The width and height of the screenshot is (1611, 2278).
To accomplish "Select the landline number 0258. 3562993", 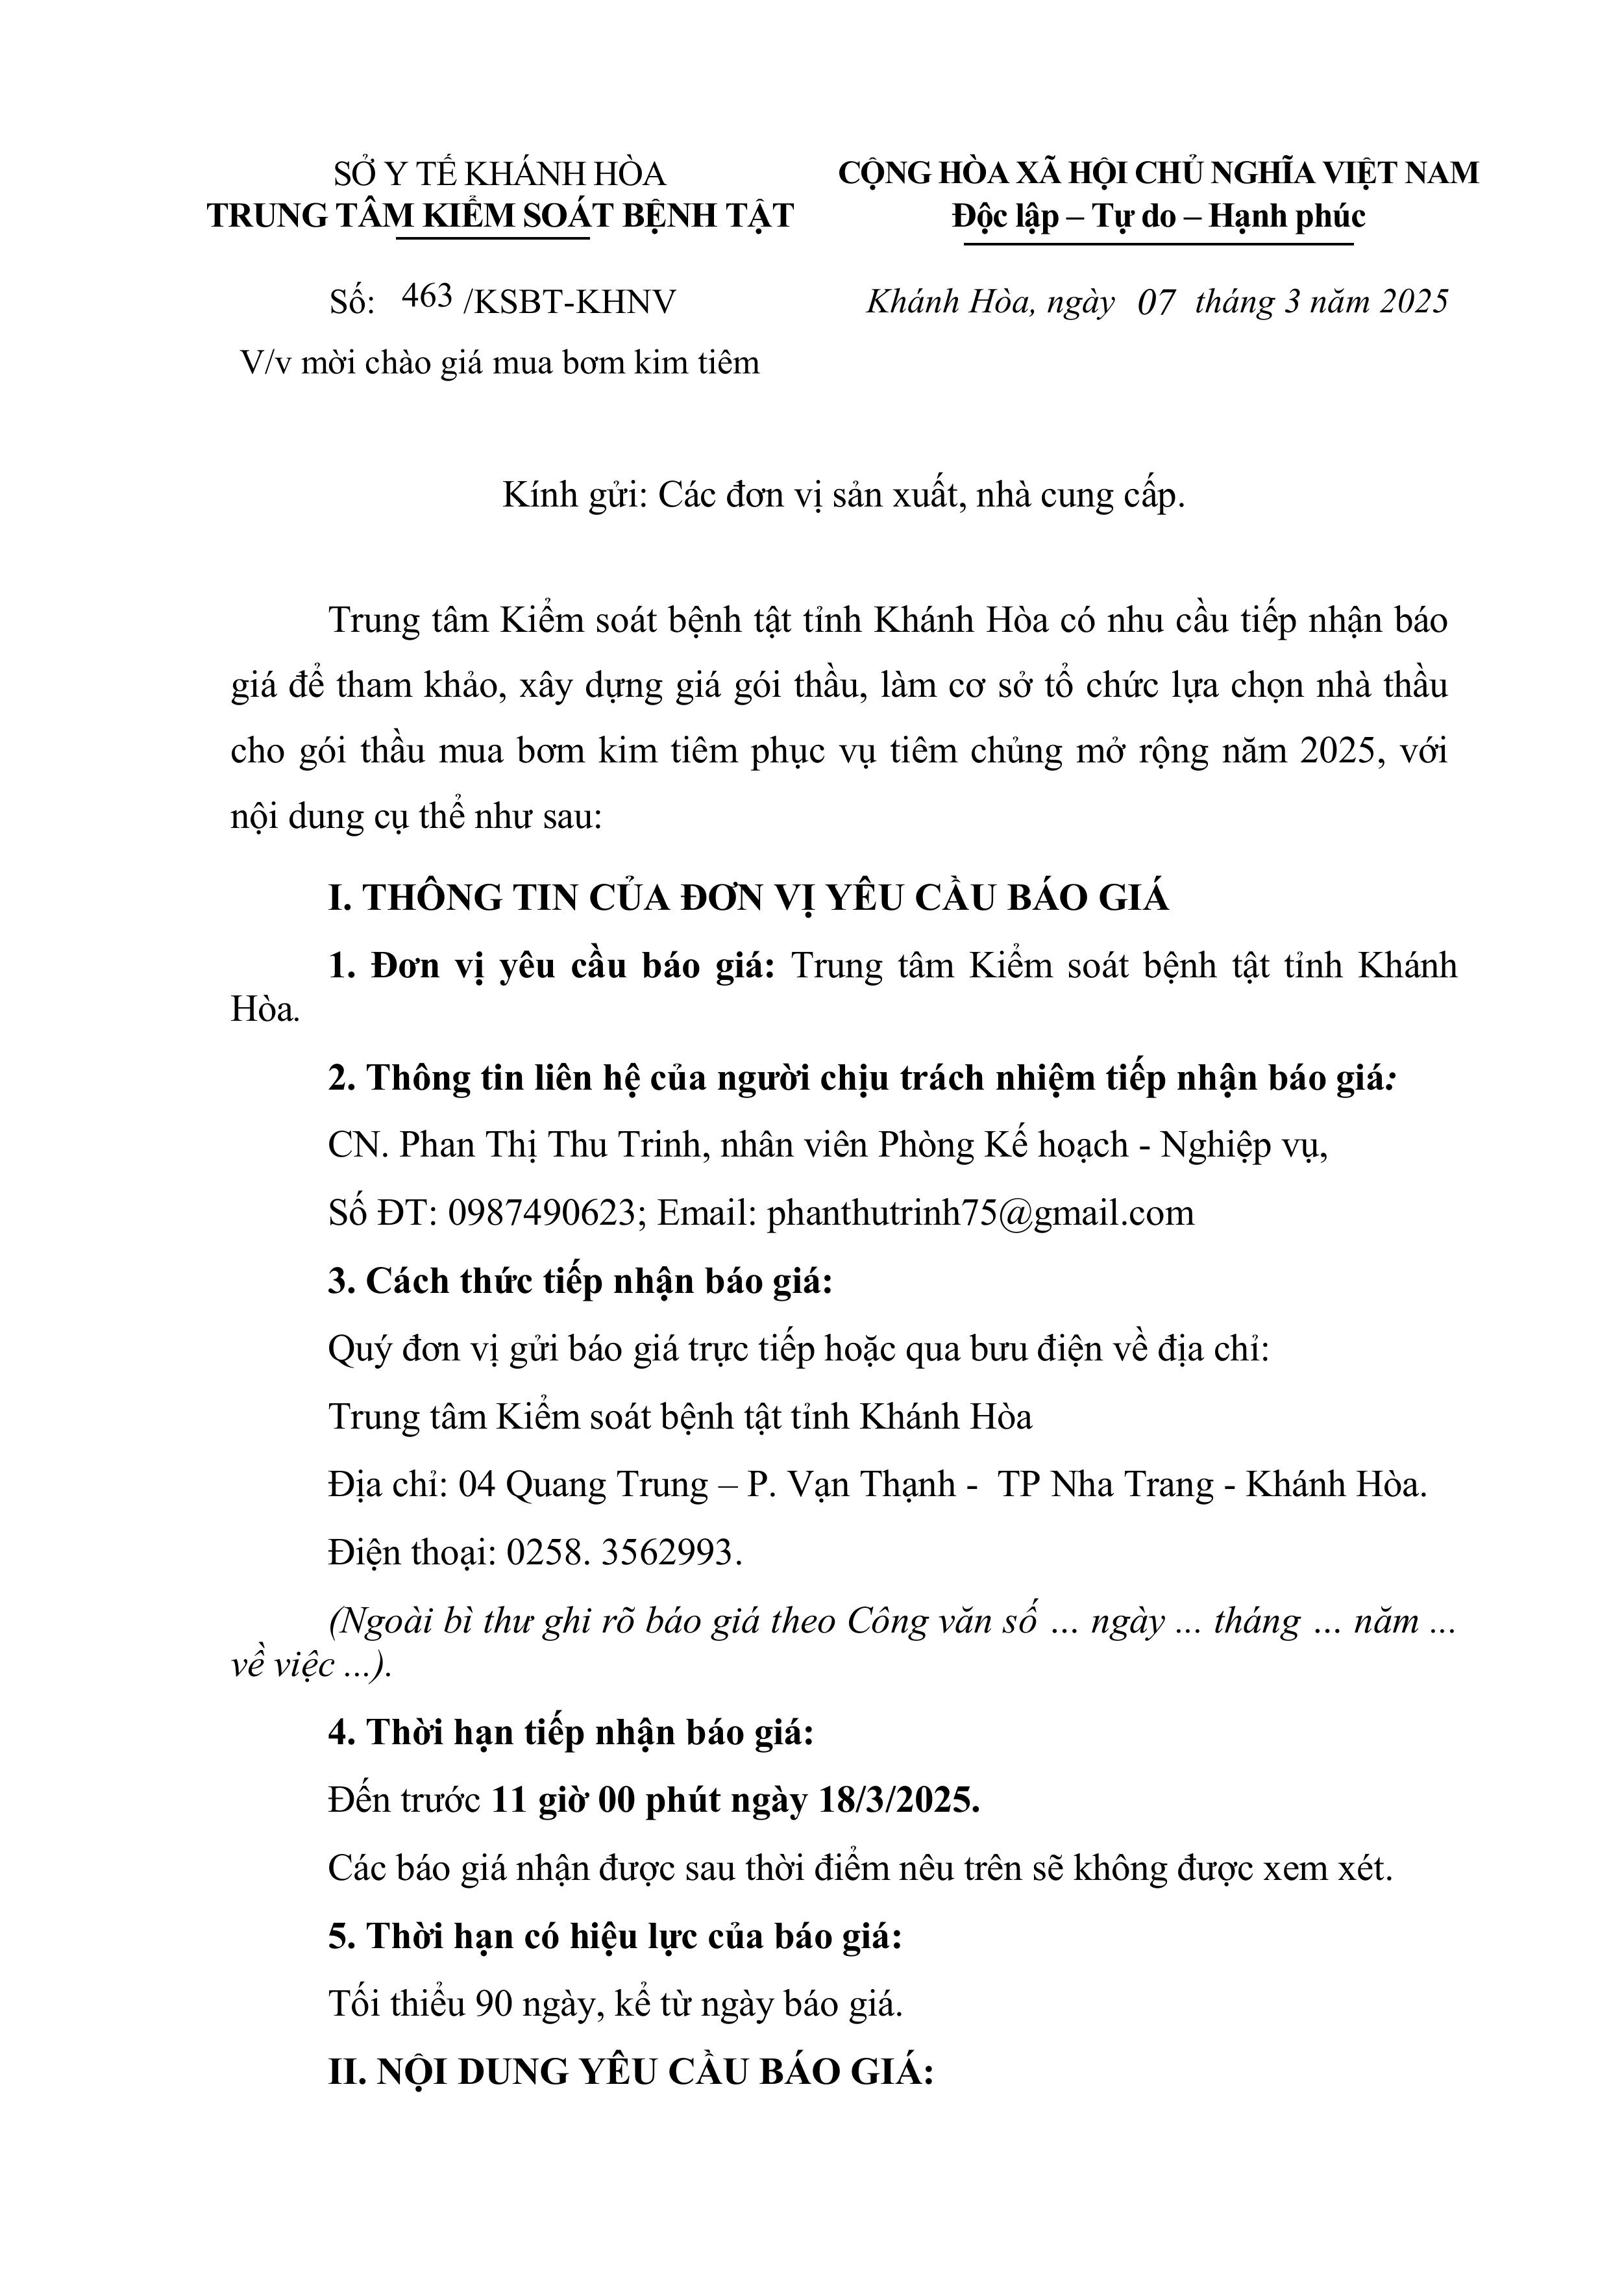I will point(624,1552).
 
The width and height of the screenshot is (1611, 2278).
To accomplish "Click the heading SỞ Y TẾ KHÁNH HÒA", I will point(499,175).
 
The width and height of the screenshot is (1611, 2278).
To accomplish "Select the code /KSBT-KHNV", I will point(569,301).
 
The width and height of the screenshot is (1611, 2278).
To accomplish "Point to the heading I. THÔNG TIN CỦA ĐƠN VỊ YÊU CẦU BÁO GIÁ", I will point(748,898).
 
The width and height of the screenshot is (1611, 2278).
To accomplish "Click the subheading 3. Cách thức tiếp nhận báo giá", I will point(580,1281).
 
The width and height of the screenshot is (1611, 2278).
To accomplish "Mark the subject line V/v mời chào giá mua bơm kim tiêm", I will point(500,363).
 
